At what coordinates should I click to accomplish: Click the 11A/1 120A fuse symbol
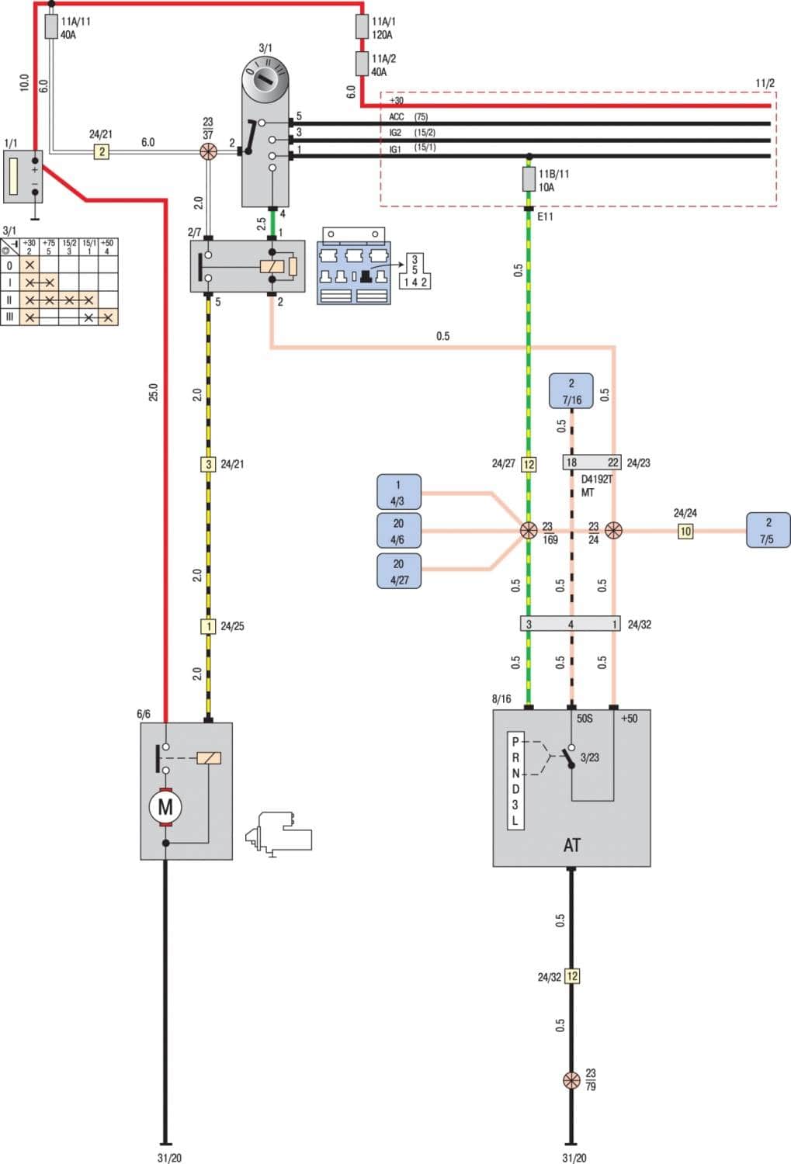click(362, 26)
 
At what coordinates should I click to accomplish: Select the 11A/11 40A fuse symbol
click(51, 27)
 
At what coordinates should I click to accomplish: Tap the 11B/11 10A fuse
click(529, 180)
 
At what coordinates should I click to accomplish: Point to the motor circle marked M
click(165, 807)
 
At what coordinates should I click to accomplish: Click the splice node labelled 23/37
click(207, 151)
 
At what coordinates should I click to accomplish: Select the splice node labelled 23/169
click(529, 531)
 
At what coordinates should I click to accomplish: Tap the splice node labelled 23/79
click(571, 1080)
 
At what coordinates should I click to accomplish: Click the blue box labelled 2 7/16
click(571, 391)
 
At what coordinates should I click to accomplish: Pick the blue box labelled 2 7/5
click(768, 530)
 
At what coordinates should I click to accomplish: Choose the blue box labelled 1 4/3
click(398, 492)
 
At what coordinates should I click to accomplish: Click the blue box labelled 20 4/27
click(398, 571)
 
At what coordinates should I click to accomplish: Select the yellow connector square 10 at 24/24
click(685, 532)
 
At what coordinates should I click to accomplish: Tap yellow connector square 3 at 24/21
click(208, 464)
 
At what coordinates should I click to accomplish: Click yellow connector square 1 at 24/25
click(208, 626)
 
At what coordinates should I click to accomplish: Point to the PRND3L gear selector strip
click(515, 781)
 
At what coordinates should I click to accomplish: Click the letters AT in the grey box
click(571, 845)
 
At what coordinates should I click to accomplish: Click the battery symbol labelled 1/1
click(23, 177)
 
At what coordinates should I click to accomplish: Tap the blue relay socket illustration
click(354, 266)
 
